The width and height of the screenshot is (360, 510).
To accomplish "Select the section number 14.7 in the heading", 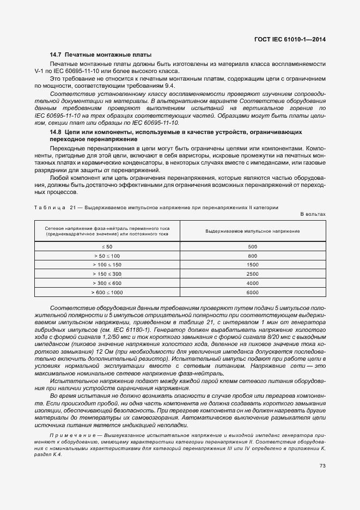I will pos(55,55).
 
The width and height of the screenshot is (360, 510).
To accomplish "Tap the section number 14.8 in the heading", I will pos(55,132).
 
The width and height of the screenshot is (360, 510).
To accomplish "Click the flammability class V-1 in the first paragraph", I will pos(39,71).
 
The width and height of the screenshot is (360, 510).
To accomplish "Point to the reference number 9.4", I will pos(170,86).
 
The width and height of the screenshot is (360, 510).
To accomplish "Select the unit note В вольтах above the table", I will pos(313,214).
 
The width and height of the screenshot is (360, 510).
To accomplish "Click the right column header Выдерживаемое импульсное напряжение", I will pos(252,231).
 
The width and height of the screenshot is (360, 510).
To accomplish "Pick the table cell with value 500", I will pos(252,247).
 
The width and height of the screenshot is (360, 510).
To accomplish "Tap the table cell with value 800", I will pos(252,256).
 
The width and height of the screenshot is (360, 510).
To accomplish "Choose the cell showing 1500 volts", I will pos(252,265).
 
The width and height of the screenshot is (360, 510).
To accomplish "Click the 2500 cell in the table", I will pos(252,274).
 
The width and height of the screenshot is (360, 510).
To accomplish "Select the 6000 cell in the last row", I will pos(252,293).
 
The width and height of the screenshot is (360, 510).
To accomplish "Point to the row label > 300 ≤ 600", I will pos(107,283).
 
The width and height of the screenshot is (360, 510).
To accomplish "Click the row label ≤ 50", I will pos(107,247).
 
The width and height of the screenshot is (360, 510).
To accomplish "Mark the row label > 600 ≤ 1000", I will pos(107,293).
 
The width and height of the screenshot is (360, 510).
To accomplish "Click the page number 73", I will pos(322,465).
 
